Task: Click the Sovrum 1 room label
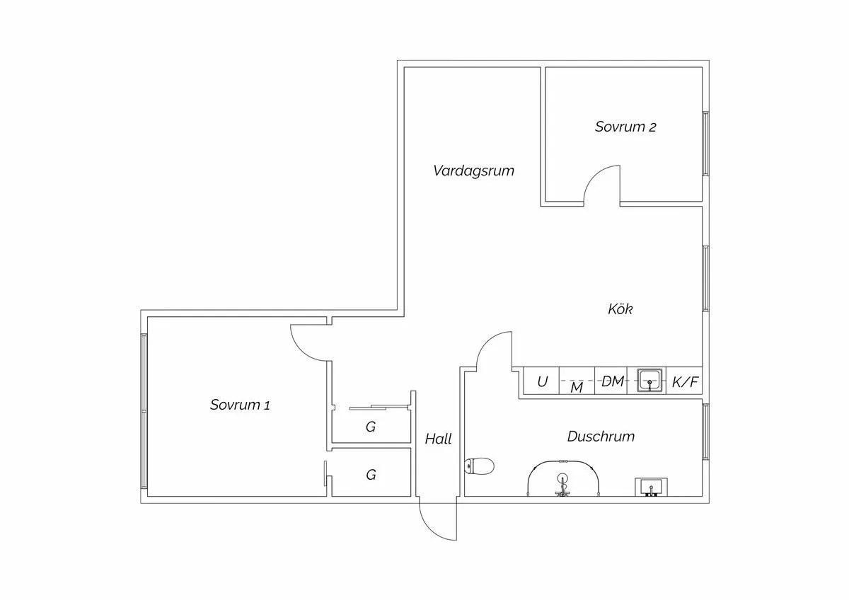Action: coord(240,405)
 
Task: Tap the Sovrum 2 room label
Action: coord(625,127)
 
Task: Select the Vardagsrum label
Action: coord(473,171)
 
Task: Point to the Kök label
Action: coord(620,309)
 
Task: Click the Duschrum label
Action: coord(601,437)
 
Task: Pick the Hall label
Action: coord(438,439)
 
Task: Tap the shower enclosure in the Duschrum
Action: coord(563,480)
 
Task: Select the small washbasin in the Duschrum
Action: coord(650,487)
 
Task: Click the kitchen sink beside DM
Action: coord(649,381)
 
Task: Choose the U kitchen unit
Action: coord(542,382)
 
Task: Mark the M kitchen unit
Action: coord(577,387)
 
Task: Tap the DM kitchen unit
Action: coord(613,382)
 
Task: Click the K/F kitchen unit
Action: coord(685,383)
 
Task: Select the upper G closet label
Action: coord(370,427)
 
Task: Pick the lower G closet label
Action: coord(371,475)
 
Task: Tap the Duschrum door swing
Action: coord(494,350)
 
